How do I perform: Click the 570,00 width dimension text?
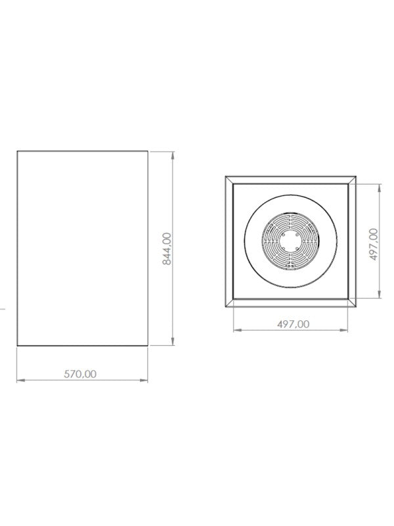click(80, 373)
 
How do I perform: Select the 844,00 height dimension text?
click(167, 249)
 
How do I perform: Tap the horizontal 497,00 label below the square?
click(294, 324)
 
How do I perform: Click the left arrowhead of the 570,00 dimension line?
click(21, 380)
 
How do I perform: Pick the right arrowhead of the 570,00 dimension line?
click(144, 380)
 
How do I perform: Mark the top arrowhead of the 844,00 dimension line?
click(173, 156)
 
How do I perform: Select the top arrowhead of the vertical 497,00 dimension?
click(380, 188)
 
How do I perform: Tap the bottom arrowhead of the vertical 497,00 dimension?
click(380, 294)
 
